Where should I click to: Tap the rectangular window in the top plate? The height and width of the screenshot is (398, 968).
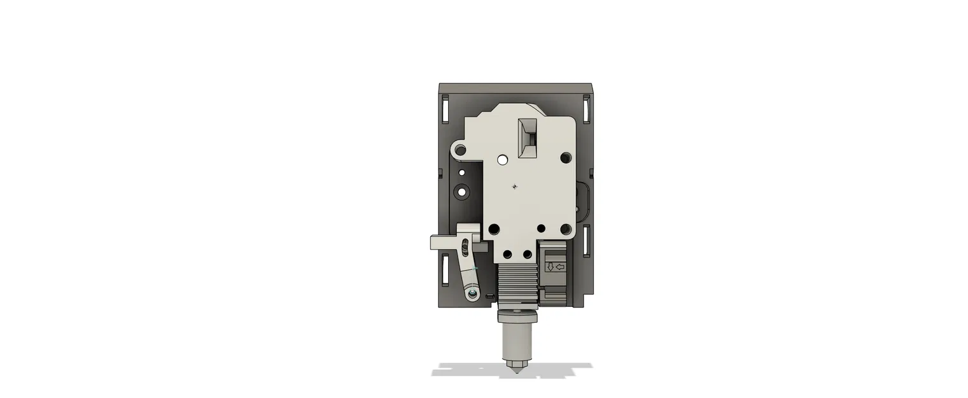point(528,138)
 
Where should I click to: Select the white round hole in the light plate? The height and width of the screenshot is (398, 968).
point(503,159)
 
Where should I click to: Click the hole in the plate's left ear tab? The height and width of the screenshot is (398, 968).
point(461,151)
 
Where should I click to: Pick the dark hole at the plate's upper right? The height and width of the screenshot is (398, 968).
point(565,157)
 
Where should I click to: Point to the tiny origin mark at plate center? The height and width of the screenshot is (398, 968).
point(514,187)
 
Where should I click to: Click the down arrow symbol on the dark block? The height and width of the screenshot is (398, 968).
point(550,267)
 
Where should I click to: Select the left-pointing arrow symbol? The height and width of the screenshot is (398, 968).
point(561,267)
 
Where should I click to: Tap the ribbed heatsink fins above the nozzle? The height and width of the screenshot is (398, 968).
point(517,284)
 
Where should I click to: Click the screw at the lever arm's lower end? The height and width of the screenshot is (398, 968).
point(472,294)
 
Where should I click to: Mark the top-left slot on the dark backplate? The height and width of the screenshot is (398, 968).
point(445,108)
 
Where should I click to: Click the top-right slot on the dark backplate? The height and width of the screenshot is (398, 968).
point(586,108)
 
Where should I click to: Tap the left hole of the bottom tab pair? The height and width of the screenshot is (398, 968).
point(507,255)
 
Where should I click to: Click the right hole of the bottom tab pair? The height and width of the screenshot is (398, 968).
point(527,255)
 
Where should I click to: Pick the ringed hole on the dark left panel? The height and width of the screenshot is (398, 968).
point(461,191)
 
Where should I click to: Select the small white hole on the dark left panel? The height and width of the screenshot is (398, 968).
point(461,173)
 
